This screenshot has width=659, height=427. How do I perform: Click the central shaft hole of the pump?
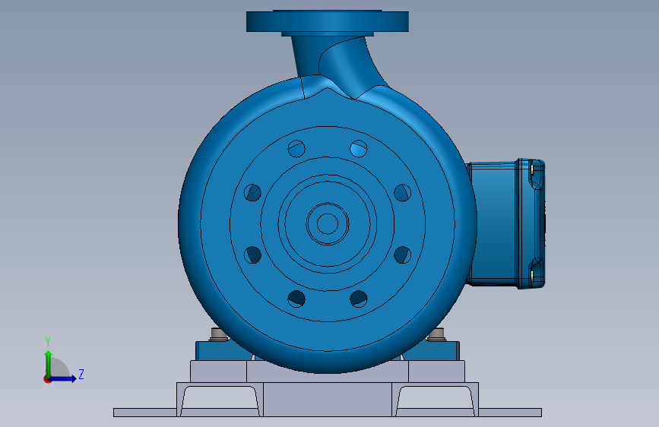pyautogui.click(x=327, y=223)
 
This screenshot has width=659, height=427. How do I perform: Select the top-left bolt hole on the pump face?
pyautogui.click(x=296, y=148)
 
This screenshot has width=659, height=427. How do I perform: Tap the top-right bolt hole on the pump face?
pyautogui.click(x=359, y=148)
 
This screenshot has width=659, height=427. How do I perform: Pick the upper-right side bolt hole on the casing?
pyautogui.click(x=402, y=192)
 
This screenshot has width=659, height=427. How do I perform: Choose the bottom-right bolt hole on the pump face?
pyautogui.click(x=359, y=299)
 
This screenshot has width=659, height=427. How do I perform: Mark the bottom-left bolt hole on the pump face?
pyautogui.click(x=296, y=299)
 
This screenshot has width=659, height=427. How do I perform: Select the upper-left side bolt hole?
pyautogui.click(x=252, y=192)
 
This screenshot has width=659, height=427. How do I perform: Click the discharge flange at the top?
pyautogui.click(x=327, y=21)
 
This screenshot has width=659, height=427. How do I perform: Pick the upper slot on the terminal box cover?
pyautogui.click(x=537, y=175)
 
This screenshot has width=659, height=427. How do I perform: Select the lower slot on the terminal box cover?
pyautogui.click(x=537, y=267)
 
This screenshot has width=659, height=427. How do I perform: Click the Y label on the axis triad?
pyautogui.click(x=48, y=341)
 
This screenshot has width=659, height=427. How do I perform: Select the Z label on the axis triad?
pyautogui.click(x=81, y=375)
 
